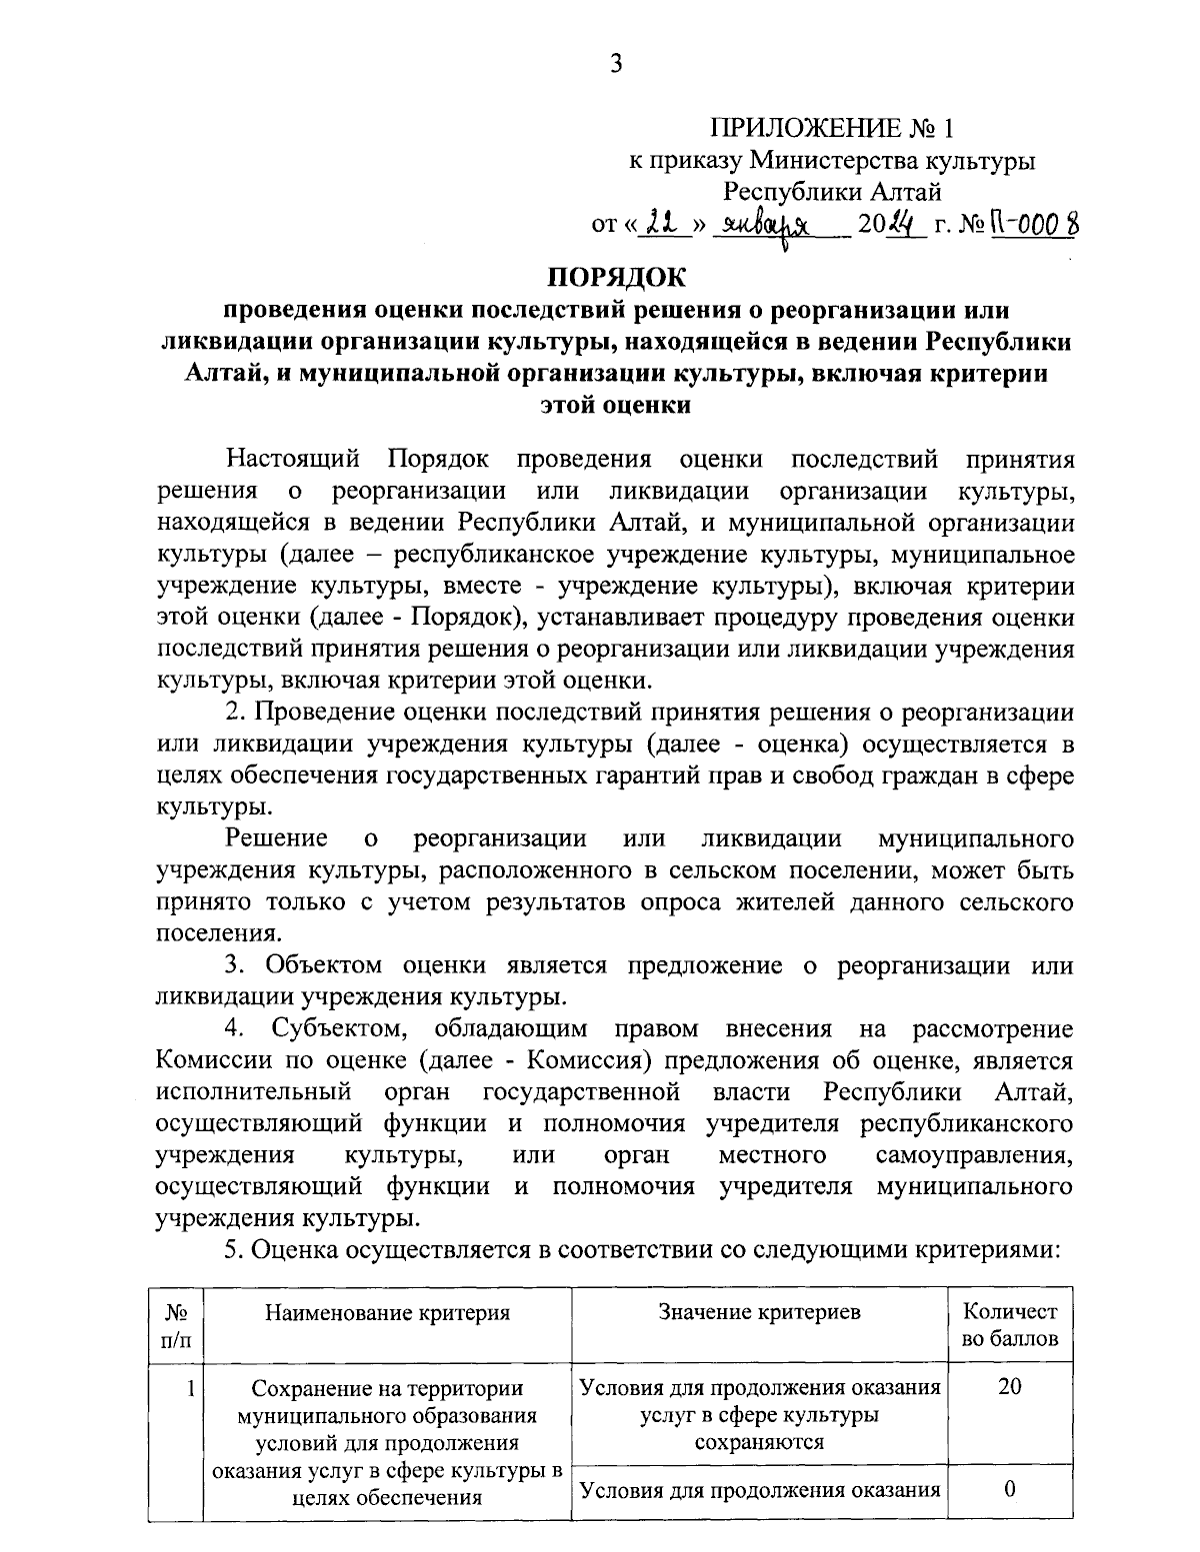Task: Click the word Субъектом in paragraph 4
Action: point(338,1028)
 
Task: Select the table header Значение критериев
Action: point(760,1313)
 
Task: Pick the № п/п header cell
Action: point(176,1325)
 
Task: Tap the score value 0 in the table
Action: point(1010,1489)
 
